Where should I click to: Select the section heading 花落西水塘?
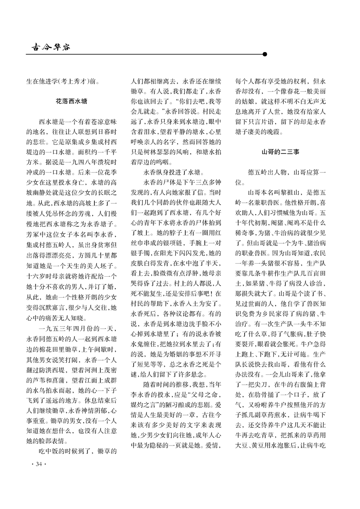(x=72, y=101)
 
